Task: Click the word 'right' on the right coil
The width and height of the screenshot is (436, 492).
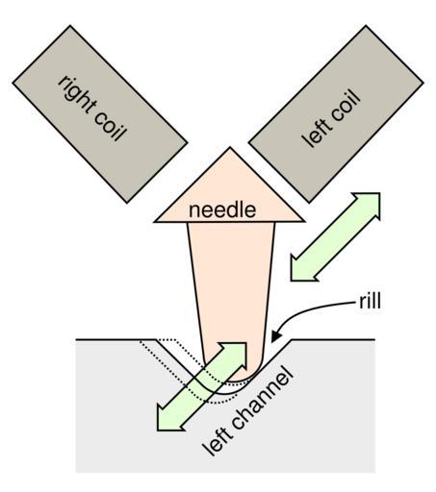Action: [78, 94]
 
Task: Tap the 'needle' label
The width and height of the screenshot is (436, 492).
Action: [222, 210]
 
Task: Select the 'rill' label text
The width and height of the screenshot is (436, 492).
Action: [370, 301]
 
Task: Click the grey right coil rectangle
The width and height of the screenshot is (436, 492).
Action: [100, 114]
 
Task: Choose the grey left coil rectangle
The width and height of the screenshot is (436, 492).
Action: [336, 114]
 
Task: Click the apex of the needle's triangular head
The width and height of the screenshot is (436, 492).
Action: [230, 147]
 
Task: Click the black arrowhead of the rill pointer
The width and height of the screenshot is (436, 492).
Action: [275, 336]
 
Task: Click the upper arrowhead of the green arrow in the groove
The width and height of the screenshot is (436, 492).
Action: [235, 354]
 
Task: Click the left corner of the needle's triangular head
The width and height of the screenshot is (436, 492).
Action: [155, 221]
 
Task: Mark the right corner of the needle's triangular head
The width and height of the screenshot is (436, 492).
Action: [303, 221]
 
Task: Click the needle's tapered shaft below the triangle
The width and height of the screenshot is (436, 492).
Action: [231, 288]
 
